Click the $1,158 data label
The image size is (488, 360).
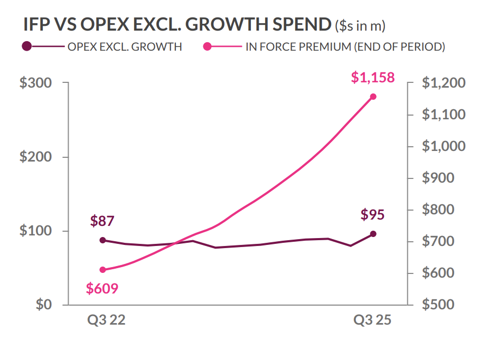(x=372, y=78)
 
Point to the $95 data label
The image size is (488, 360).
(x=372, y=215)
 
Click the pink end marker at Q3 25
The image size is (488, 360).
(x=373, y=97)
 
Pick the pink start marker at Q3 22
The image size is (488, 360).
(x=102, y=270)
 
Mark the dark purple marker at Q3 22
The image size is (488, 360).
(x=102, y=240)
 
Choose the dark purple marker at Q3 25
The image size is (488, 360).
(x=373, y=234)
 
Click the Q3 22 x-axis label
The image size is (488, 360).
(x=106, y=321)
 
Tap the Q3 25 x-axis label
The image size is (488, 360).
(x=372, y=321)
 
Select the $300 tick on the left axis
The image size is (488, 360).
(x=35, y=83)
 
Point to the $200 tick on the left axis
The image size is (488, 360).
(x=35, y=157)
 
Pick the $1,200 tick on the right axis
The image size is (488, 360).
(x=444, y=83)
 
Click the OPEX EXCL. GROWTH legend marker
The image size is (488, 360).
(x=27, y=46)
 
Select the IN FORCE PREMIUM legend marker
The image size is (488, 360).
(x=207, y=46)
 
